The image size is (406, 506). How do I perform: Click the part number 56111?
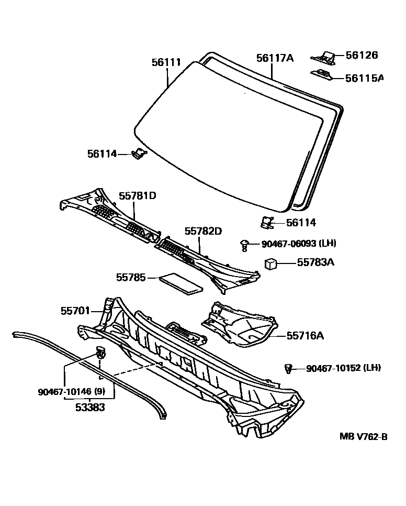(x=166, y=63)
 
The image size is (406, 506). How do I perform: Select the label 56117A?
(x=275, y=58)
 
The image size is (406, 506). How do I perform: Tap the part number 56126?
(x=362, y=56)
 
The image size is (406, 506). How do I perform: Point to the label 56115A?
(x=365, y=78)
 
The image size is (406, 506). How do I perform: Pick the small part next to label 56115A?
(x=322, y=75)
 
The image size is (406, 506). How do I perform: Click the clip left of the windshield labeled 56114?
(x=139, y=153)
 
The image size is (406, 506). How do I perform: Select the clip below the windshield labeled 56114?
(x=267, y=222)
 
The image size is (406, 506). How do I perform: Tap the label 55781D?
(x=137, y=195)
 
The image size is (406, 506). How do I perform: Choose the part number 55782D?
(x=203, y=230)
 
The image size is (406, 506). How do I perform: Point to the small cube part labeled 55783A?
(x=270, y=263)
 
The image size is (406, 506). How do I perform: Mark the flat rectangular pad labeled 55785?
(x=181, y=281)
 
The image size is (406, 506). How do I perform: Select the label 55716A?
(x=305, y=335)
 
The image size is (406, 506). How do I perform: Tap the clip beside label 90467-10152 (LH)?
(x=287, y=369)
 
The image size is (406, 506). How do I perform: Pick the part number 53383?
(x=89, y=407)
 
